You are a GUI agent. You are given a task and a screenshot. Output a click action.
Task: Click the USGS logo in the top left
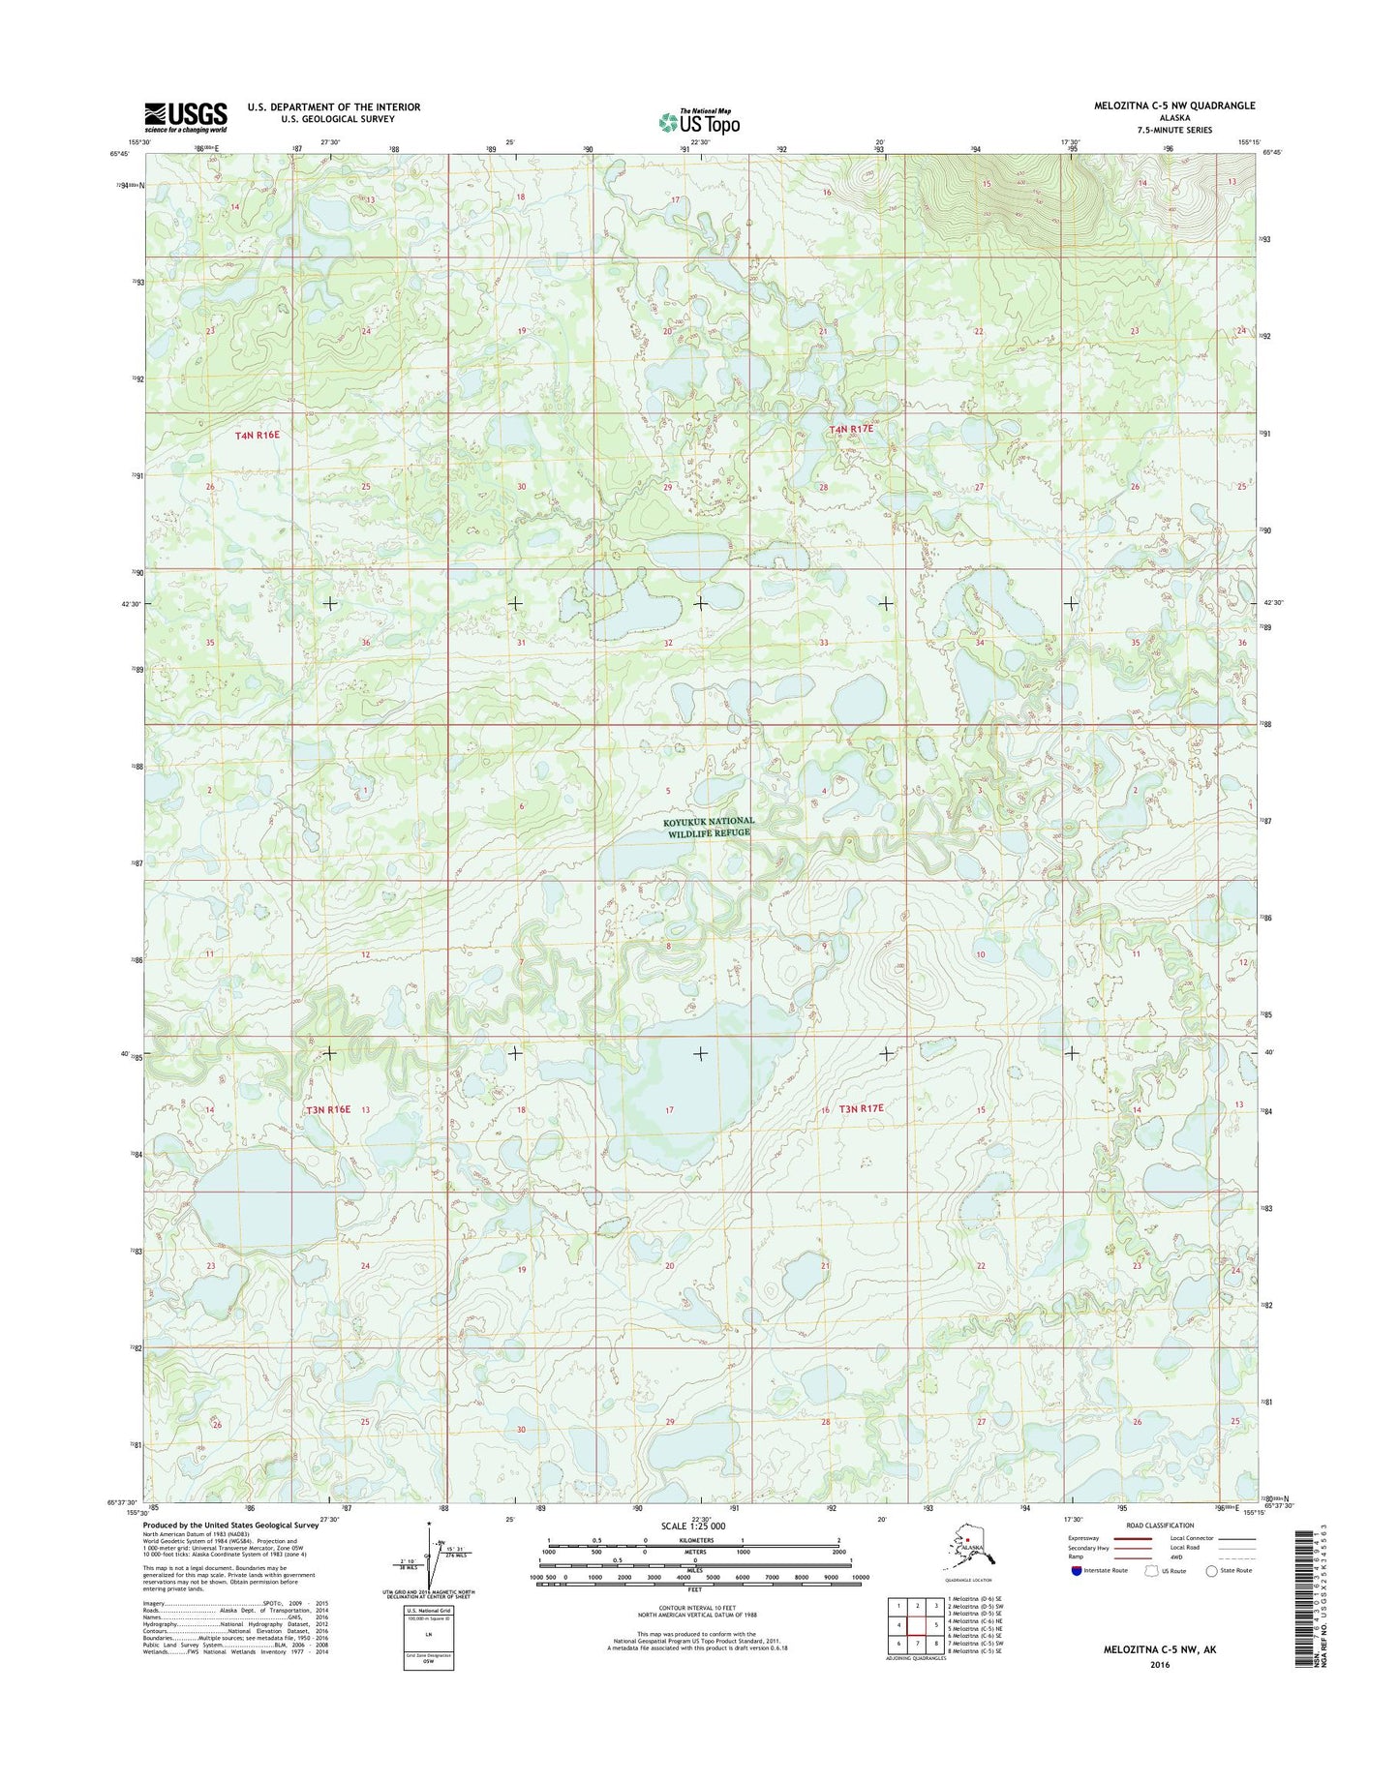point(186,116)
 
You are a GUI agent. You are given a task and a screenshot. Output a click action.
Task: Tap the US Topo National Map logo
point(699,121)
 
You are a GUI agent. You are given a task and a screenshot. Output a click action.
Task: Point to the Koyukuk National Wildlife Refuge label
point(708,827)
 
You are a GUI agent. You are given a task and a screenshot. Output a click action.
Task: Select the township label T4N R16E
point(257,436)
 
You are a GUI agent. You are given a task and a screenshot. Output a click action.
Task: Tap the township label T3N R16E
point(327,1109)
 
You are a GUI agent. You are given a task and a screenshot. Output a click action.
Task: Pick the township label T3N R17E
point(861,1108)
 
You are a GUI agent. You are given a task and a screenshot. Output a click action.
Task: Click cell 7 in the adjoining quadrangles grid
point(917,1643)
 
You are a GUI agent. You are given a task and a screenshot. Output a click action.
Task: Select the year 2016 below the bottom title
point(1160,1665)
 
